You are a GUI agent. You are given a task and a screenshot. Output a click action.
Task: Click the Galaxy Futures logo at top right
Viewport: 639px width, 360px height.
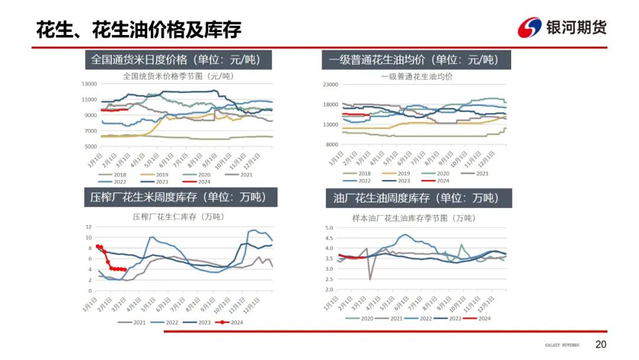[561, 27]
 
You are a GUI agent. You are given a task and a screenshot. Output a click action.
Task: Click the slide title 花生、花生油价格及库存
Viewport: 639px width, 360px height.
[138, 29]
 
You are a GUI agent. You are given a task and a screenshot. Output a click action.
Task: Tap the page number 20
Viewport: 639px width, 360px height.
[601, 345]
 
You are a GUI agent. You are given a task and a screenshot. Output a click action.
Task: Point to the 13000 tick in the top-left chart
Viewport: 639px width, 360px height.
[89, 84]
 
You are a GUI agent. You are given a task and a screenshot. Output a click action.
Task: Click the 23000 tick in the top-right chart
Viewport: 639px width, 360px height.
[329, 85]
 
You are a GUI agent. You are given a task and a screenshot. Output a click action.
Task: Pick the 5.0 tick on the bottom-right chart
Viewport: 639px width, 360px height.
[330, 227]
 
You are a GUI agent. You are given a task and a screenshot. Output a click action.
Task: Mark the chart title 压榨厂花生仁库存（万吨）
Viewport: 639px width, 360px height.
[178, 217]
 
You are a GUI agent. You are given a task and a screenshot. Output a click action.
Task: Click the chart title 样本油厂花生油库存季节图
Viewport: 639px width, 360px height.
[414, 218]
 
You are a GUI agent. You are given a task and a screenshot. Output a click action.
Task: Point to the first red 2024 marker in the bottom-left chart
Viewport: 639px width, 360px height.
[98, 246]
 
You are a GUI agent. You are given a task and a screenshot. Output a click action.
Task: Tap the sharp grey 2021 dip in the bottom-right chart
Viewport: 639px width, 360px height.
[370, 279]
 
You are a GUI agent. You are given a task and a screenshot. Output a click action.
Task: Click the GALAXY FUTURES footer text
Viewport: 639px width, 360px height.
[561, 345]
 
